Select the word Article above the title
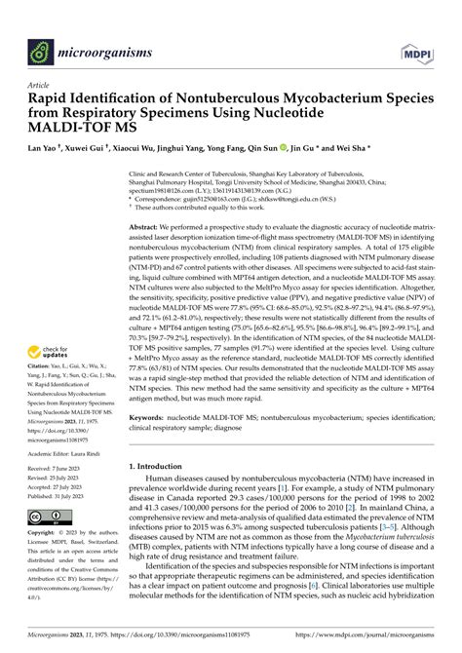[x=39, y=86]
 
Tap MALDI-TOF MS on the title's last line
[x=73, y=131]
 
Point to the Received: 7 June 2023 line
[x=66, y=470]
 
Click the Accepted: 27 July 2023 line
[x=66, y=488]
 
